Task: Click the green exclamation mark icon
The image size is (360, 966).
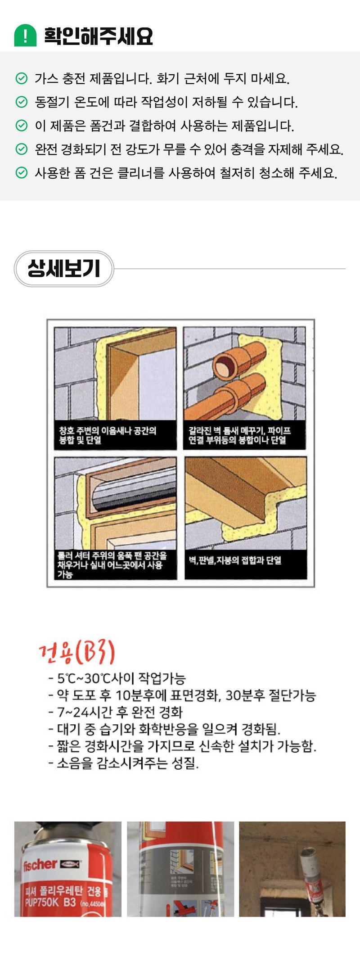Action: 25,35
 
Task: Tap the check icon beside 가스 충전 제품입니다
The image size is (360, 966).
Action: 21,79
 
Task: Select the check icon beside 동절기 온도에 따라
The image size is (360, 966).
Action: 21,102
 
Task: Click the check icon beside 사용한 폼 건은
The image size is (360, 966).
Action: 21,172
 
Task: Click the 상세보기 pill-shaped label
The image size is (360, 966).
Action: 63,269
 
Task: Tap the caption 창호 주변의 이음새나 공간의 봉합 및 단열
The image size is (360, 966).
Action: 108,435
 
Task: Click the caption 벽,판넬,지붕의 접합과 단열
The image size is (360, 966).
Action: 235,560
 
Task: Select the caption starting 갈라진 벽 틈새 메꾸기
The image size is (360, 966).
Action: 239,435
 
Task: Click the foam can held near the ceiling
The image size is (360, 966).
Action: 311,876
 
